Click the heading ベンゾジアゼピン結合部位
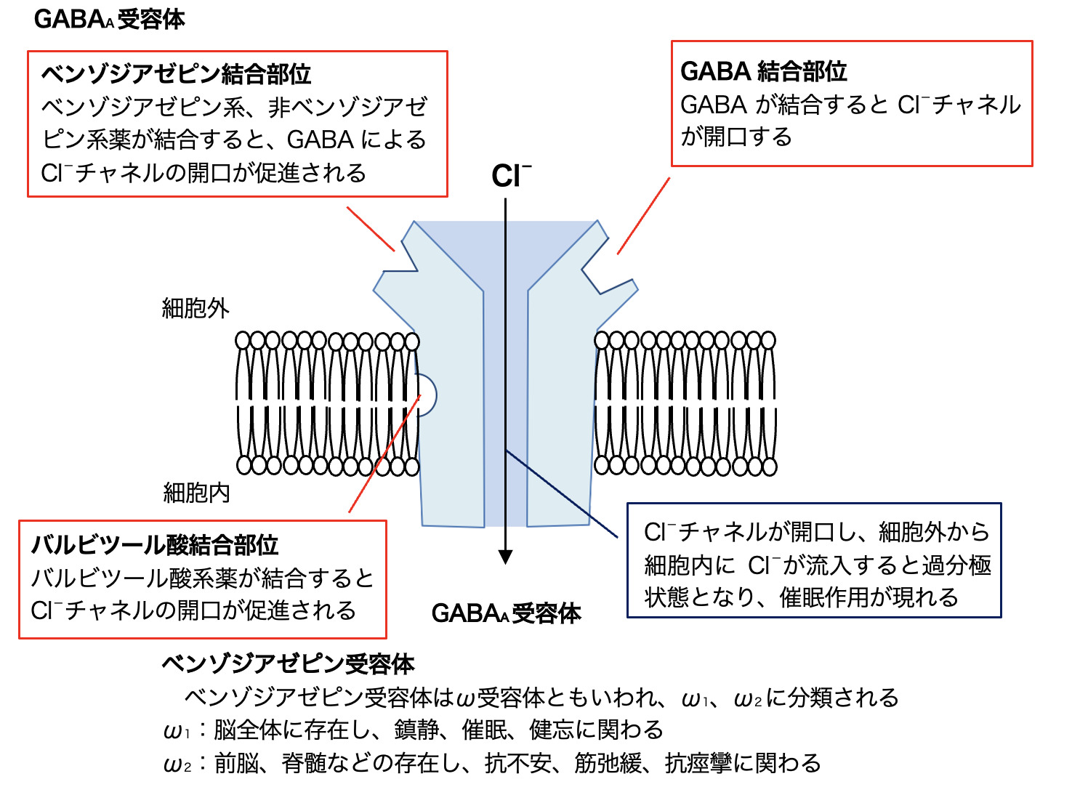coord(176,74)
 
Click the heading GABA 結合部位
coord(763,71)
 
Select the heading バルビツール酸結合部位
coord(155,545)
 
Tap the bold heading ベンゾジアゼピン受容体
coord(288,664)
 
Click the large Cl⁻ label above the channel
coord(510,177)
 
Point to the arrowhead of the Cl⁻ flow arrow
coord(506,557)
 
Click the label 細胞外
coord(196,308)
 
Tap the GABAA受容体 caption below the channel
coord(506,613)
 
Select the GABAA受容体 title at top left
coord(109,19)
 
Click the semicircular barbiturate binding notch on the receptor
coord(427,395)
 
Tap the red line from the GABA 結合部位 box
coord(643,216)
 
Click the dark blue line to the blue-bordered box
coord(563,496)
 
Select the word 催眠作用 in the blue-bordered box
coord(834,597)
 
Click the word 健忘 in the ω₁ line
coord(552,730)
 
